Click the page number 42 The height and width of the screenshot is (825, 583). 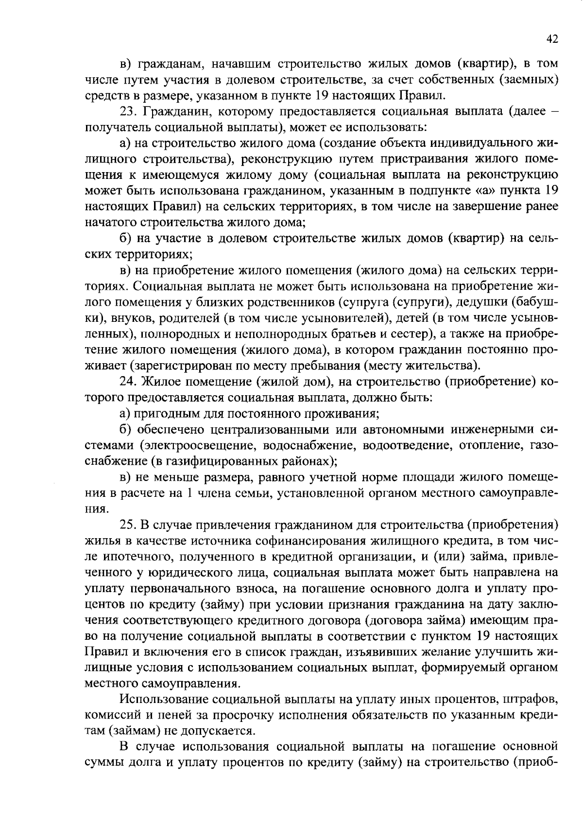tap(552, 39)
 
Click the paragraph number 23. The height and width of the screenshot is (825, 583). tap(128, 112)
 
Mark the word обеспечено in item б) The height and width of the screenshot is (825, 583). tap(171, 430)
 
